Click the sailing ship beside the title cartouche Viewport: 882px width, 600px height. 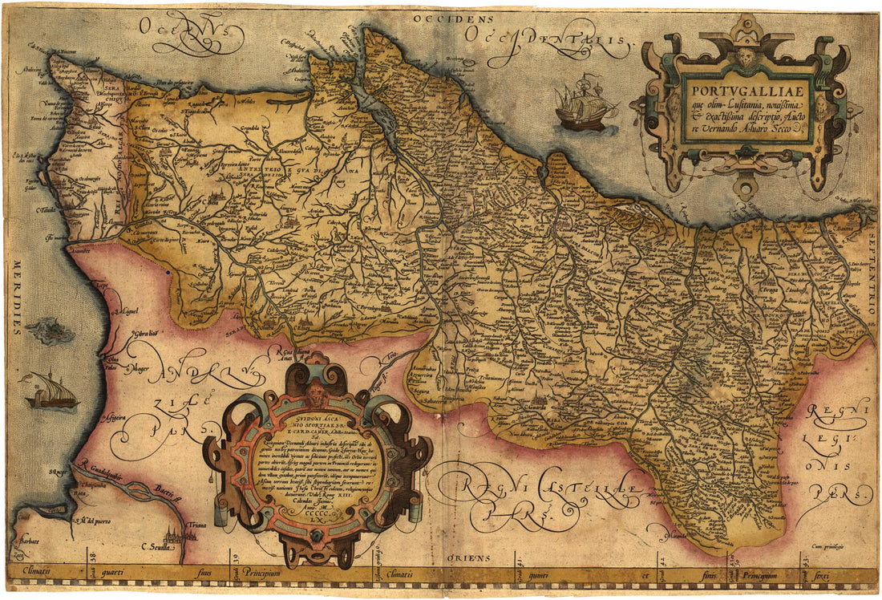point(585,104)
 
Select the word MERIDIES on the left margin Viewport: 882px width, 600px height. point(14,297)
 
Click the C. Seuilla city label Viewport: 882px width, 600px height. point(158,548)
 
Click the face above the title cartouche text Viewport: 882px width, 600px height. point(746,56)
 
